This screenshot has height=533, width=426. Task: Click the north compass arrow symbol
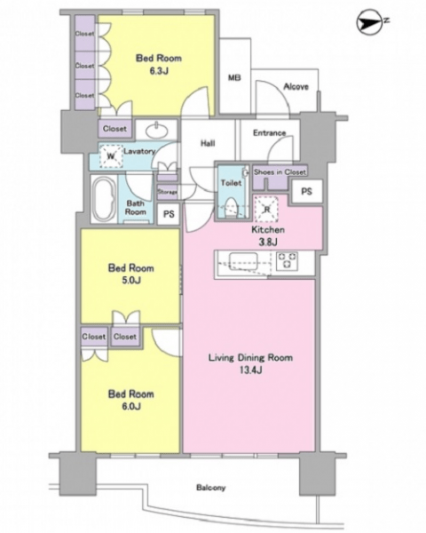(x=371, y=22)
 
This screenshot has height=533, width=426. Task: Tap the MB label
(x=234, y=78)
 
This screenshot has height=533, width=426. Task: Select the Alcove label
(x=296, y=87)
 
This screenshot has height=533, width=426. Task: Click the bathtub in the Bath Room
(x=105, y=199)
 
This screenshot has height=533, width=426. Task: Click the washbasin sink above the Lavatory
(x=157, y=130)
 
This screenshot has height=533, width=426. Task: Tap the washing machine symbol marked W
(x=110, y=156)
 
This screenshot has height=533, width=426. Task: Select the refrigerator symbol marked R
(x=266, y=208)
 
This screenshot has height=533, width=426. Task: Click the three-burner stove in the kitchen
(x=288, y=260)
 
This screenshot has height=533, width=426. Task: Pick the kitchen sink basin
(x=243, y=261)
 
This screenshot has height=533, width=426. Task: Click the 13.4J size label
(x=250, y=370)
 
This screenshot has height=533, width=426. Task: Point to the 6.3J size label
(x=159, y=71)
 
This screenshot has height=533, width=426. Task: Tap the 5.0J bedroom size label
(x=131, y=280)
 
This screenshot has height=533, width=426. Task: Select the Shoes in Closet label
(x=280, y=172)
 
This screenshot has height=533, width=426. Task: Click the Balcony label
(x=210, y=488)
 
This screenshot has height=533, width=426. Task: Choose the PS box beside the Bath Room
(x=169, y=214)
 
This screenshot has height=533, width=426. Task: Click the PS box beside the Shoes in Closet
(x=306, y=191)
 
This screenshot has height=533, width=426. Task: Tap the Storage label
(x=168, y=192)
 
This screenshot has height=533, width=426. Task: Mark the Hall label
(x=208, y=143)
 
